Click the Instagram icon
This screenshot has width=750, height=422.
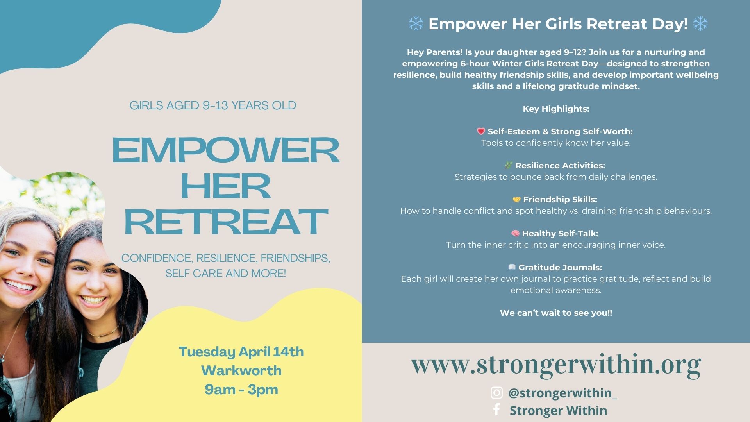(x=496, y=393)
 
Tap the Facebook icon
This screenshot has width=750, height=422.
(x=496, y=409)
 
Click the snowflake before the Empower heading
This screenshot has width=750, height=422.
(x=416, y=24)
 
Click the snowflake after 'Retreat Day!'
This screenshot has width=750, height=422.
(x=700, y=24)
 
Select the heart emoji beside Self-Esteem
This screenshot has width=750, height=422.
(x=481, y=131)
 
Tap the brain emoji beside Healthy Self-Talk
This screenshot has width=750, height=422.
(x=515, y=233)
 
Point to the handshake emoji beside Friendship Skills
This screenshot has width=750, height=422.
(x=516, y=200)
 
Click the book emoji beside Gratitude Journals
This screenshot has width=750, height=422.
(x=512, y=267)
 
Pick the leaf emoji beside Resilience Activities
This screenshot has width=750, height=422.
(x=508, y=165)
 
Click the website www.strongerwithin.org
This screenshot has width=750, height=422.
(x=556, y=365)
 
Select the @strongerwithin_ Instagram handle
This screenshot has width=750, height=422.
(x=562, y=393)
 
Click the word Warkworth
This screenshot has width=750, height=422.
(x=241, y=370)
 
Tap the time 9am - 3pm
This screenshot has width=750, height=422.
(x=241, y=390)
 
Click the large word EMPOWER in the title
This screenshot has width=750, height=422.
(x=226, y=150)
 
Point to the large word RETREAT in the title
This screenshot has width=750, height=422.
(x=226, y=222)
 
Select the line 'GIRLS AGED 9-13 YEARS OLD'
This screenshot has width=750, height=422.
(x=213, y=105)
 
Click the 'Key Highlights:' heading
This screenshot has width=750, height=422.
(x=556, y=109)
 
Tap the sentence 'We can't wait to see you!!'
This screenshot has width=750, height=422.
(x=556, y=313)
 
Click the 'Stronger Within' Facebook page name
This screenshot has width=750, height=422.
(x=559, y=411)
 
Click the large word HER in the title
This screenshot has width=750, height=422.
(x=226, y=186)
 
